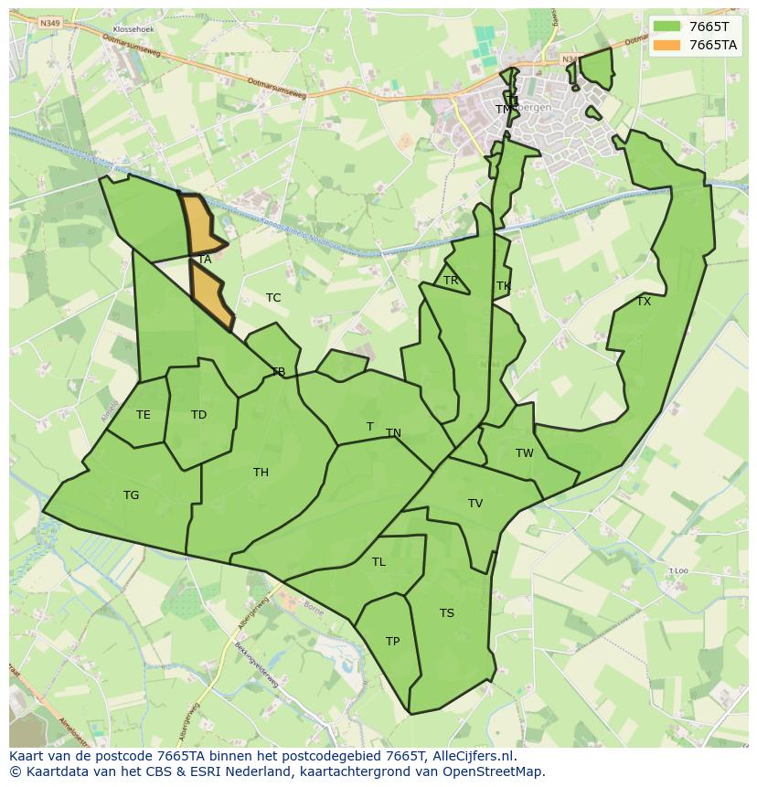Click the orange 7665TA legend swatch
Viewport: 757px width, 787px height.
click(667, 45)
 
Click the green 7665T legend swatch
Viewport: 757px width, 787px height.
click(667, 27)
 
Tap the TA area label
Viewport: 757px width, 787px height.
click(205, 260)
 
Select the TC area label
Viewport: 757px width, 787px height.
click(273, 298)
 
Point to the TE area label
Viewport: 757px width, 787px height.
click(144, 415)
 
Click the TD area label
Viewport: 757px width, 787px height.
click(198, 415)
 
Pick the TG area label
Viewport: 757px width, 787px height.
click(132, 495)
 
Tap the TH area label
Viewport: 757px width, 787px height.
click(261, 473)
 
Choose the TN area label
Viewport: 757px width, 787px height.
click(393, 433)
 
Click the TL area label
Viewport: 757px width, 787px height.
click(378, 562)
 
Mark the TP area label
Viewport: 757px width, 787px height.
click(392, 642)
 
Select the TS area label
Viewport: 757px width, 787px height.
click(446, 613)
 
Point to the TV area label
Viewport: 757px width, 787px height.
click(475, 504)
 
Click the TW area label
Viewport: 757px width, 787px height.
click(524, 453)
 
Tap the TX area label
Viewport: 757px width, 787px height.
click(644, 302)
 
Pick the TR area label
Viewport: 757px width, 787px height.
click(451, 281)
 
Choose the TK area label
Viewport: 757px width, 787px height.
click(503, 286)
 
